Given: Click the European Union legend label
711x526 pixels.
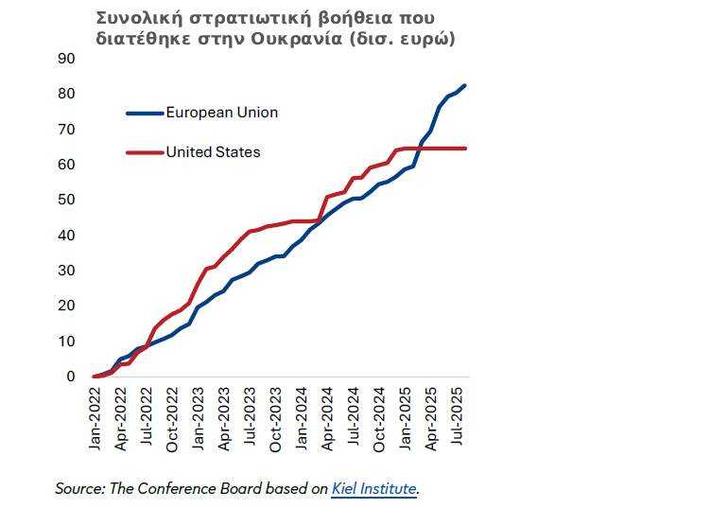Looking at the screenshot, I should (x=221, y=113).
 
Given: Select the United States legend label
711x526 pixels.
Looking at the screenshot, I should (x=213, y=151).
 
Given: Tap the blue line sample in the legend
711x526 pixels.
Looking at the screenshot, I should (x=145, y=113).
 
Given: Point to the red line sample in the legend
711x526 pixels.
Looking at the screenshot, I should (x=145, y=151).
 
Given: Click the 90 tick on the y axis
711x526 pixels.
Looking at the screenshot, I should (x=66, y=58).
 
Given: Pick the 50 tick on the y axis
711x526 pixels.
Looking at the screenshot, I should (x=66, y=200).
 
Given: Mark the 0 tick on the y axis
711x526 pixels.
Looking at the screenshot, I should (x=70, y=377).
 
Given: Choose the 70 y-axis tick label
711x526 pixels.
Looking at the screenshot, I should (x=66, y=129).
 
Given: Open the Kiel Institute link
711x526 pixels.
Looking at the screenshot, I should (x=374, y=489).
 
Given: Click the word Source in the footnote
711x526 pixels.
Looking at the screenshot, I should (x=78, y=489).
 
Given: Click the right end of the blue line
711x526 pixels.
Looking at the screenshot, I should (x=464, y=86).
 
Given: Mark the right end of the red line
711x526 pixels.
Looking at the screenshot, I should (x=465, y=148).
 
